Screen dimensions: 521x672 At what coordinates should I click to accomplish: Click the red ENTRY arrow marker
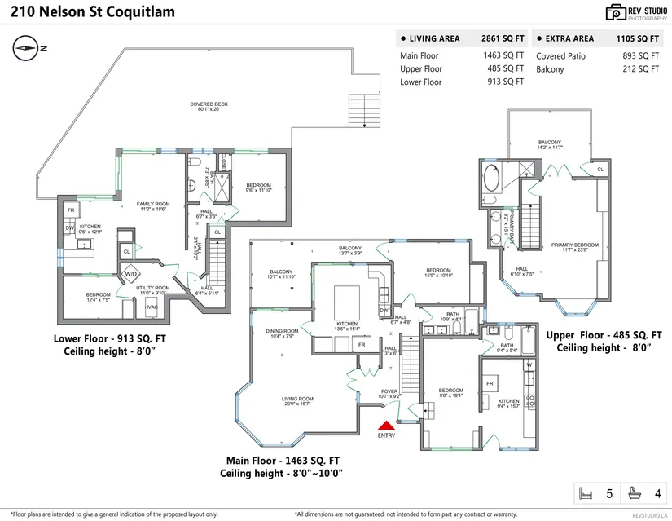tap(386, 424)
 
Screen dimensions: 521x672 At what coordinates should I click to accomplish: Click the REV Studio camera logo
tap(615, 12)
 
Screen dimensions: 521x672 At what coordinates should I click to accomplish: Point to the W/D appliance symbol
tap(131, 274)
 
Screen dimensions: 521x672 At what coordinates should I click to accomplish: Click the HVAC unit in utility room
tap(151, 307)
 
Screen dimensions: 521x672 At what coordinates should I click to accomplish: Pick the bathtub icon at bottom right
tap(635, 492)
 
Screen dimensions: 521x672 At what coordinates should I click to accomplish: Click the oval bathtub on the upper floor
tap(494, 179)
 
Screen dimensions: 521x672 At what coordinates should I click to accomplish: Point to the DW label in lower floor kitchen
tap(70, 228)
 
